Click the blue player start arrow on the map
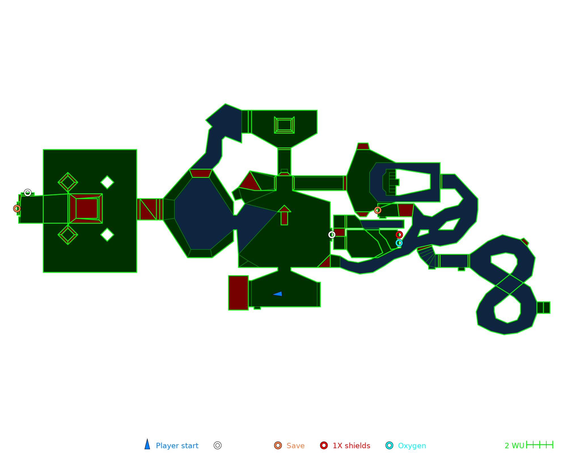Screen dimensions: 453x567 278,294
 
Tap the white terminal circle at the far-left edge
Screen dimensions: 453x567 27,193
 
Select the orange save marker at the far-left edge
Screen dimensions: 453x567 17,209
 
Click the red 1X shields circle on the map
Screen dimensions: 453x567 399,235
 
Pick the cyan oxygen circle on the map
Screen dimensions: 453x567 399,243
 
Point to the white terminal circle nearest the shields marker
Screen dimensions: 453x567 332,235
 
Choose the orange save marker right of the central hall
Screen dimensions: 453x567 378,210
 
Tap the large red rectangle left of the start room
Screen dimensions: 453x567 238,293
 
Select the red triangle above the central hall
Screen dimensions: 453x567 250,182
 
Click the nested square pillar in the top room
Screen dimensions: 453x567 284,125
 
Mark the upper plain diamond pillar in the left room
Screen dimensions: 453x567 107,182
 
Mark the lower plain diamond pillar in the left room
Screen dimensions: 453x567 107,235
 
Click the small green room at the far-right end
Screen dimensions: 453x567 543,307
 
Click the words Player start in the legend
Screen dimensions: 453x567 177,446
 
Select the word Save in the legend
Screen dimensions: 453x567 295,446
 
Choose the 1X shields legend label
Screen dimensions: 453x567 351,446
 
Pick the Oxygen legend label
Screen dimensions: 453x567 412,446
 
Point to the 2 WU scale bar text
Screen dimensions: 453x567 514,446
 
